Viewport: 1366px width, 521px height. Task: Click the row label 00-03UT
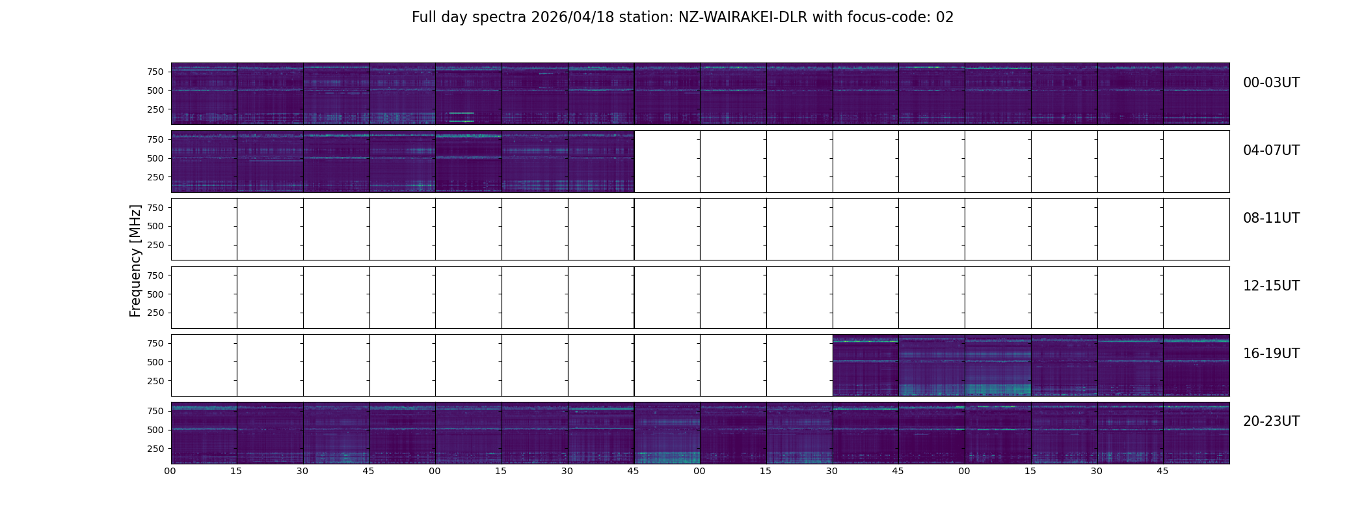[1271, 83]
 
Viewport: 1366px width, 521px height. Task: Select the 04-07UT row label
[1271, 150]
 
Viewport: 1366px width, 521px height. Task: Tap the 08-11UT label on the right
[1271, 218]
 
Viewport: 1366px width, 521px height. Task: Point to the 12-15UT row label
[1271, 286]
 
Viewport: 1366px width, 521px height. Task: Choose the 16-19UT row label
[1271, 354]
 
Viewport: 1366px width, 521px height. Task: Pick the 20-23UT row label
[1271, 421]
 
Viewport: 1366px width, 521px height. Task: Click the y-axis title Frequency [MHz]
[135, 261]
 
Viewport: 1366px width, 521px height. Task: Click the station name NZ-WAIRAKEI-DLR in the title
[743, 18]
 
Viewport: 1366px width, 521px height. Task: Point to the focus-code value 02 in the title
[944, 18]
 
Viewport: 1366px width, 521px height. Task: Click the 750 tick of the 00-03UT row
[155, 72]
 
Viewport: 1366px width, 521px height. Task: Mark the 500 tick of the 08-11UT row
[155, 226]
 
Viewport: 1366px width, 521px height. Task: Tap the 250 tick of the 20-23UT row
[155, 449]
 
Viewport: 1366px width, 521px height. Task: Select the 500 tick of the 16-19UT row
[155, 362]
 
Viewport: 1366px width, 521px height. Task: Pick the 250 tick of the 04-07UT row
[155, 177]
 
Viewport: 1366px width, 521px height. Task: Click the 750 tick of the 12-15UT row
[155, 275]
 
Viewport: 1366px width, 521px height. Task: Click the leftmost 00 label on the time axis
[170, 472]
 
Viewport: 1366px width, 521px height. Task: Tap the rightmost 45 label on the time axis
[1162, 472]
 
